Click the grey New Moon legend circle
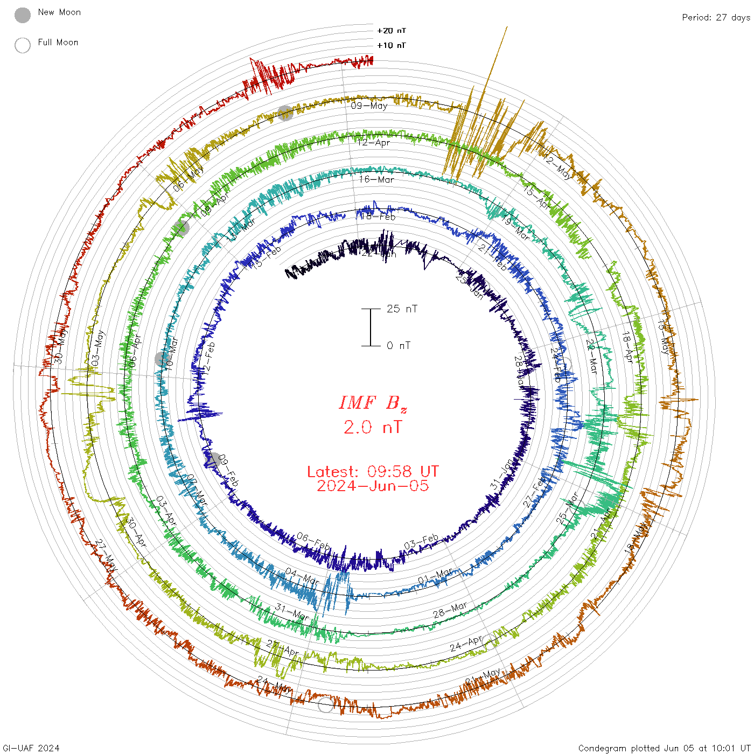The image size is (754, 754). click(23, 16)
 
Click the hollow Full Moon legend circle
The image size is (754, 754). click(23, 45)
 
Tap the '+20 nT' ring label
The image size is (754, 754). click(392, 31)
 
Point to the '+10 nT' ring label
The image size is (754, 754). click(392, 45)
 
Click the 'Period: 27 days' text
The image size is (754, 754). click(716, 17)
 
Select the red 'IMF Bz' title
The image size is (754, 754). click(373, 403)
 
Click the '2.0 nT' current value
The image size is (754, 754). click(373, 427)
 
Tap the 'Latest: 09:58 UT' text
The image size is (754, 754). click(373, 472)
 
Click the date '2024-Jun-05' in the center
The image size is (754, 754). click(373, 486)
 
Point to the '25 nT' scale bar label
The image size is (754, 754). click(402, 309)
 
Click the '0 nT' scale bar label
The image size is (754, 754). click(399, 345)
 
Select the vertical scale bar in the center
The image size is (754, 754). click(371, 327)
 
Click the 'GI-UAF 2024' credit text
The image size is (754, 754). click(31, 748)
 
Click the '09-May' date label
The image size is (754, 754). click(369, 106)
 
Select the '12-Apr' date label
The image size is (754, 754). click(373, 143)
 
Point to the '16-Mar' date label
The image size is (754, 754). click(376, 179)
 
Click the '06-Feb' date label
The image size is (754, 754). click(313, 542)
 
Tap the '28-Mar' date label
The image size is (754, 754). click(450, 610)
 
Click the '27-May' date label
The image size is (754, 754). click(106, 551)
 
